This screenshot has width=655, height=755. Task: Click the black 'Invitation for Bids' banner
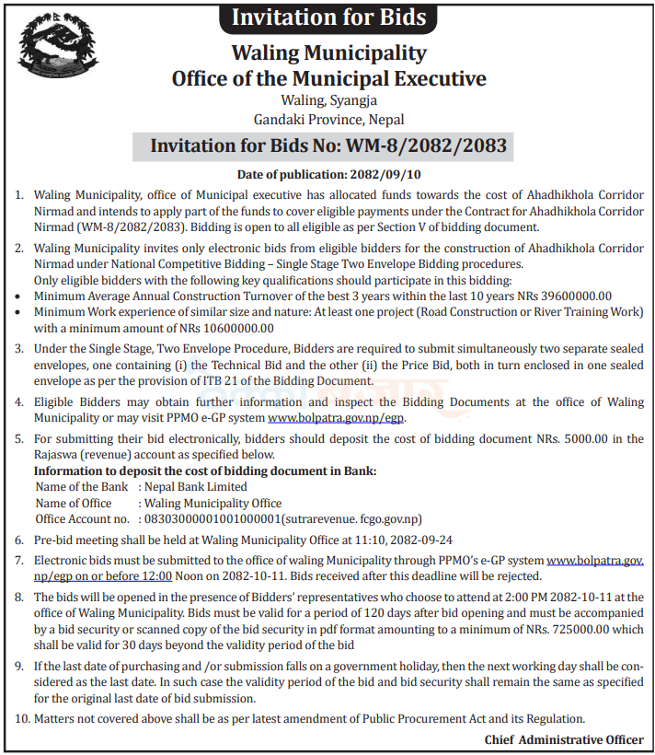328,17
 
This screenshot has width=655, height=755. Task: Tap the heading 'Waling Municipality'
328,53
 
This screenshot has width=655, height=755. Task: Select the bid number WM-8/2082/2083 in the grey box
426,146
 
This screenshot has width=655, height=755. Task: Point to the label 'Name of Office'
74,503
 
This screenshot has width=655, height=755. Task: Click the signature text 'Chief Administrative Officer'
564,739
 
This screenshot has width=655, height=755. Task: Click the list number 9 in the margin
21,665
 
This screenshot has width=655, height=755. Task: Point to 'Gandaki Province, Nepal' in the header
328,119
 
